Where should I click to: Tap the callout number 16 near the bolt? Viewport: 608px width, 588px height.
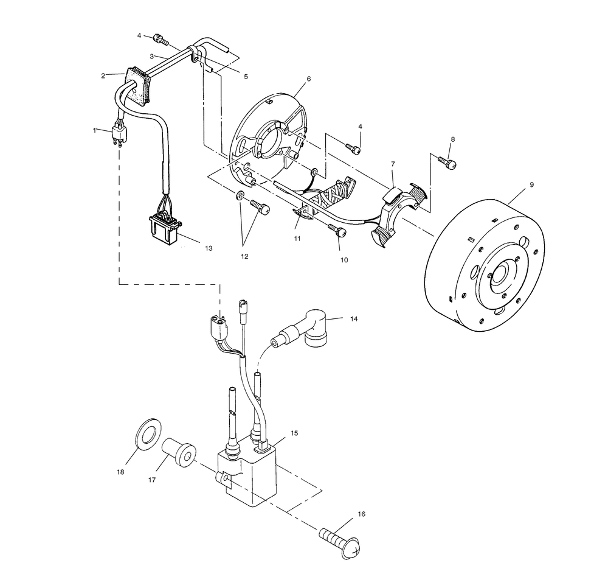click(361, 514)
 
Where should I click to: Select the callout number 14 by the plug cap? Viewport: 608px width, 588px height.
click(354, 318)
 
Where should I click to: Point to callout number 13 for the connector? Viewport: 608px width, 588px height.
click(209, 248)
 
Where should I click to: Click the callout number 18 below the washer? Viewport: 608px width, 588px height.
click(120, 472)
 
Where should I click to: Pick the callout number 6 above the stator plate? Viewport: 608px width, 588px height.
click(309, 79)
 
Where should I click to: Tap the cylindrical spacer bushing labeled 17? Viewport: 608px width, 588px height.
click(180, 453)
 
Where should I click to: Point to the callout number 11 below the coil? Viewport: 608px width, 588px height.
click(297, 239)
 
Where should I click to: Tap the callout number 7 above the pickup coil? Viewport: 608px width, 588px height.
click(393, 164)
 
